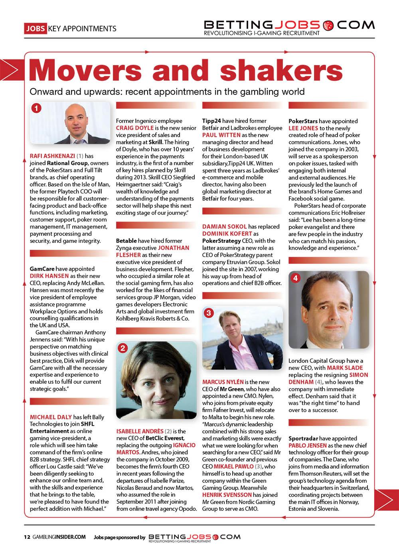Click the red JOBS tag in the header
pyautogui.click(x=35, y=28)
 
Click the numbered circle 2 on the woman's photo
pyautogui.click(x=123, y=348)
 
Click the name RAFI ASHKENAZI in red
pyautogui.click(x=52, y=156)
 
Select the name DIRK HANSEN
pyautogui.click(x=50, y=276)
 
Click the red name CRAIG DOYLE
pyautogui.click(x=134, y=128)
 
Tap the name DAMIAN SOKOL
pyautogui.click(x=225, y=226)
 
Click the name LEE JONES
pyautogui.click(x=303, y=128)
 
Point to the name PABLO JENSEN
pyautogui.click(x=308, y=445)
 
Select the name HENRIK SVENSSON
pyautogui.click(x=227, y=495)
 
